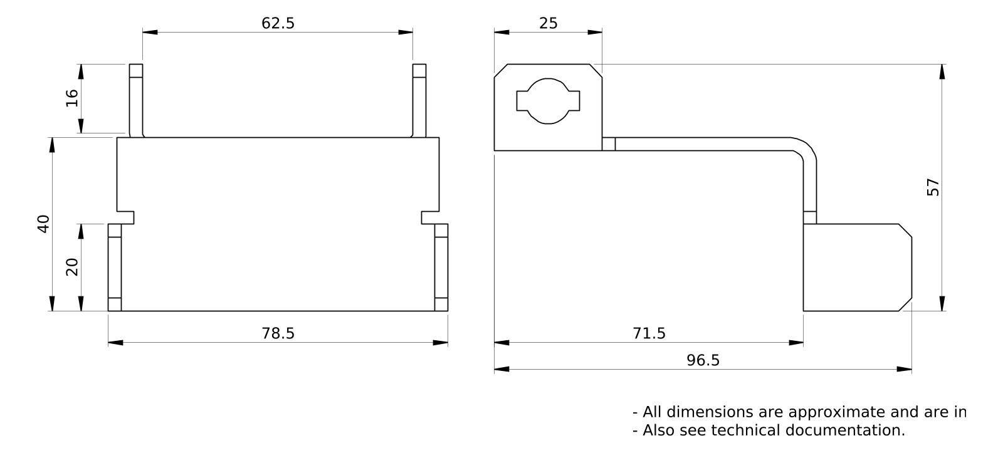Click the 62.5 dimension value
278,23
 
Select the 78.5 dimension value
278,333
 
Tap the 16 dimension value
71,98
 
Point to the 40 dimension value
43,224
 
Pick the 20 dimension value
71,267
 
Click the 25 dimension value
548,23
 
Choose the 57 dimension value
933,187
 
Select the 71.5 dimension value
649,333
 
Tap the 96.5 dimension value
703,360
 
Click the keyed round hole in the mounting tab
548,101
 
